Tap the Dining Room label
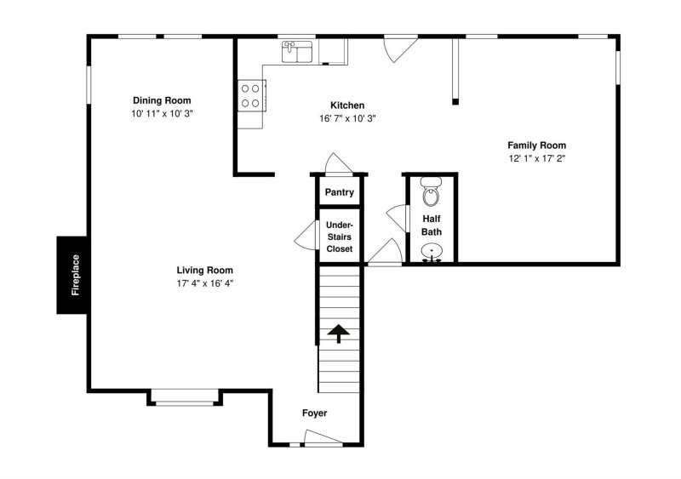pyautogui.click(x=162, y=100)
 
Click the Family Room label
pyautogui.click(x=536, y=145)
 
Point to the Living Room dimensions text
pyautogui.click(x=204, y=283)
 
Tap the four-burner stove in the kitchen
pyautogui.click(x=251, y=94)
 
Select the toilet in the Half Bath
pyautogui.click(x=431, y=194)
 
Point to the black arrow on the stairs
pyautogui.click(x=338, y=333)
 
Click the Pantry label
pyautogui.click(x=339, y=192)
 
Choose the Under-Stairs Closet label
pyautogui.click(x=340, y=237)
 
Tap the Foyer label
pyautogui.click(x=314, y=413)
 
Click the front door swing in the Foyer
pyautogui.click(x=323, y=438)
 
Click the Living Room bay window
pyautogui.click(x=185, y=396)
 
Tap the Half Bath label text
pyautogui.click(x=432, y=225)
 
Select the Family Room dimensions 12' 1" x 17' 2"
pyautogui.click(x=536, y=159)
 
